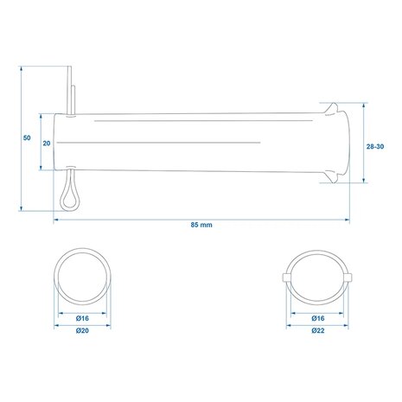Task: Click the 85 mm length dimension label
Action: [x=201, y=225]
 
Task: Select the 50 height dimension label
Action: [x=27, y=137]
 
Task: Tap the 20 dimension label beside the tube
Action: [x=47, y=144]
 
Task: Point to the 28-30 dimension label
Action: [x=375, y=146]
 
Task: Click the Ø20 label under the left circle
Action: [x=82, y=331]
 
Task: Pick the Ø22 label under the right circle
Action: [x=318, y=330]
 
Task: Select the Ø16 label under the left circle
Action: [x=82, y=318]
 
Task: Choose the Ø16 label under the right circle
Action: [x=318, y=318]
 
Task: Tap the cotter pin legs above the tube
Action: [x=71, y=90]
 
